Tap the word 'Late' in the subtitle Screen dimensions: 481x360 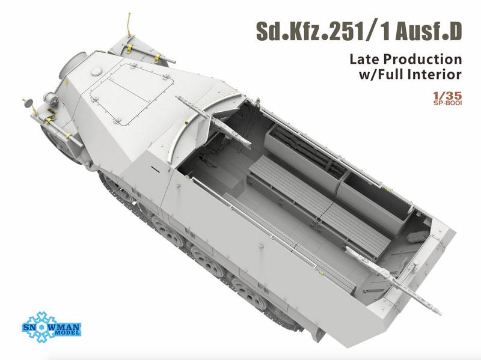pos(364,59)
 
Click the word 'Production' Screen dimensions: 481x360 pos(423,59)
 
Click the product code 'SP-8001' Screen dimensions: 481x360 pos(447,103)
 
